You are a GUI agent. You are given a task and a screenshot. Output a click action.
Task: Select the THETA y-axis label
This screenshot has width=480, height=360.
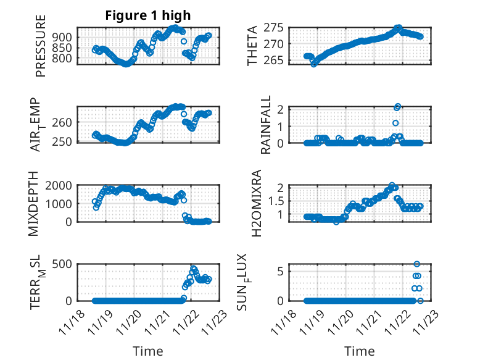[253, 46]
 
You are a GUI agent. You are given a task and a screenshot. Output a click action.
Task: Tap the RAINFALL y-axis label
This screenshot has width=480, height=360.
[266, 125]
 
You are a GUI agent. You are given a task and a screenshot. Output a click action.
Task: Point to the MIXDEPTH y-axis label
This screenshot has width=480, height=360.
[34, 203]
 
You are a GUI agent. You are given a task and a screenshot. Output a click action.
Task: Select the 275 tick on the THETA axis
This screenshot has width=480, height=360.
[273, 28]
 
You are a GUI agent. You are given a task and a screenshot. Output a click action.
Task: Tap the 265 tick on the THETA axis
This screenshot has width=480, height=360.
[273, 61]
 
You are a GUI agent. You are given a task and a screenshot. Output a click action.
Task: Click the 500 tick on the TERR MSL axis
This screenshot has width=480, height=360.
[65, 264]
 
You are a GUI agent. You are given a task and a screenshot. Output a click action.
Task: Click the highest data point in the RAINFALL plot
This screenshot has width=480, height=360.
[398, 107]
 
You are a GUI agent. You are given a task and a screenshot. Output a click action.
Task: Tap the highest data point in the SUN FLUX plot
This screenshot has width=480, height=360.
[417, 264]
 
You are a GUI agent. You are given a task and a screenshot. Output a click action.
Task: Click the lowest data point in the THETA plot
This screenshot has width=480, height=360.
[313, 64]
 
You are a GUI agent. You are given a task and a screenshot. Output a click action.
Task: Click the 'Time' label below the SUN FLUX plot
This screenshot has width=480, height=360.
[359, 351]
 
